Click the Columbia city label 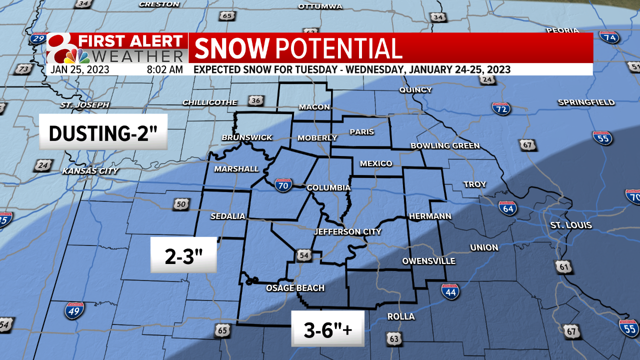(x=328, y=188)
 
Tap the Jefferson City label (x=347, y=232)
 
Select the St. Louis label (x=571, y=225)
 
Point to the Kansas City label (x=90, y=171)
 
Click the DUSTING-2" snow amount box (x=103, y=133)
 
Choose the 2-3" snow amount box (x=183, y=255)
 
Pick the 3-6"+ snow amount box (x=328, y=328)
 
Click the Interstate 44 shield (x=450, y=291)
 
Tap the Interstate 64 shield (x=508, y=208)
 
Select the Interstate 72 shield (x=501, y=108)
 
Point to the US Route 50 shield (x=180, y=204)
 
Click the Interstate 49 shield (x=74, y=310)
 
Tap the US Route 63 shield (x=394, y=338)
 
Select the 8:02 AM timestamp (x=164, y=69)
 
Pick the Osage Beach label (x=295, y=288)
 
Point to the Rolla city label (x=401, y=317)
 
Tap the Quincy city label (x=415, y=90)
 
